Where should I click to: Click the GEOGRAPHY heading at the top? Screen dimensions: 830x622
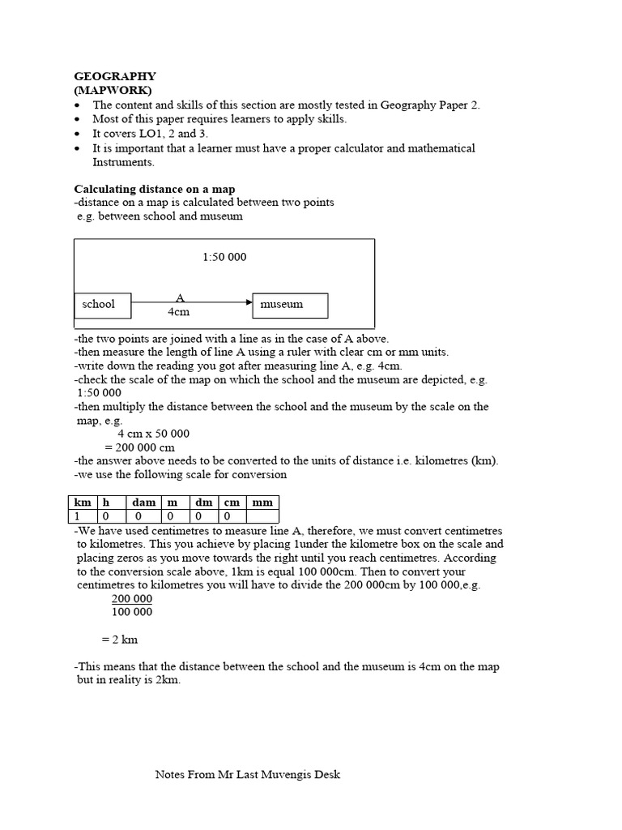tap(115, 76)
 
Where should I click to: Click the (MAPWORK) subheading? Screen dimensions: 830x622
tap(113, 90)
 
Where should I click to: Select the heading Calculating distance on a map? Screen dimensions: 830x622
tap(155, 189)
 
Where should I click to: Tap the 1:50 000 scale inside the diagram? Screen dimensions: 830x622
tap(224, 257)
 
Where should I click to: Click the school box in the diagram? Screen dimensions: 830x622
tap(103, 305)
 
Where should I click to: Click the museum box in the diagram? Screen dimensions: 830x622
tap(290, 305)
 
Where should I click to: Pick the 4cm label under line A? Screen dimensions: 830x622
tap(178, 312)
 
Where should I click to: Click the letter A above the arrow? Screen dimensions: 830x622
tap(181, 298)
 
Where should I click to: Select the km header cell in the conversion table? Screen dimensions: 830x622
tap(83, 503)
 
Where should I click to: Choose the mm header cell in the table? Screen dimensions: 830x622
tap(262, 503)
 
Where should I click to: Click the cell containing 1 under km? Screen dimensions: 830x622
tap(83, 516)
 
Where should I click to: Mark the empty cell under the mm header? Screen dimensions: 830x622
tap(262, 516)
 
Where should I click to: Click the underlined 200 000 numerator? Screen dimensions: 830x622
tap(131, 598)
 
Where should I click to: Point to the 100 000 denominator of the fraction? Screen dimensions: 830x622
tap(131, 611)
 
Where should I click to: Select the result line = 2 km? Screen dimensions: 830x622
tap(120, 639)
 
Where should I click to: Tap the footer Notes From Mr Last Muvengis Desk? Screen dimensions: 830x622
tap(248, 774)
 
